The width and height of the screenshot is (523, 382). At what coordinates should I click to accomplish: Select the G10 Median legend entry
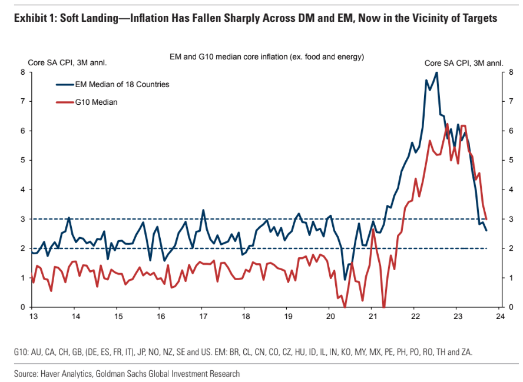(x=96, y=102)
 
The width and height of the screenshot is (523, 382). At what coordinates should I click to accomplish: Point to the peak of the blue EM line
(x=436, y=72)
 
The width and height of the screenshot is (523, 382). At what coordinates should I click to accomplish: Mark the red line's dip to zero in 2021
(x=384, y=307)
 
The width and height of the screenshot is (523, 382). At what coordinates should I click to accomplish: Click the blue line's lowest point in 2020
(x=345, y=280)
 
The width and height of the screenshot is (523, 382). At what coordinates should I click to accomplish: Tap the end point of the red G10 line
(x=486, y=219)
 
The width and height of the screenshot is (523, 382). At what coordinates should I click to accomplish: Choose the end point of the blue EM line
(x=486, y=230)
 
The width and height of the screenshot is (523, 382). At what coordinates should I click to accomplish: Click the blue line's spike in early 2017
(x=203, y=210)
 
